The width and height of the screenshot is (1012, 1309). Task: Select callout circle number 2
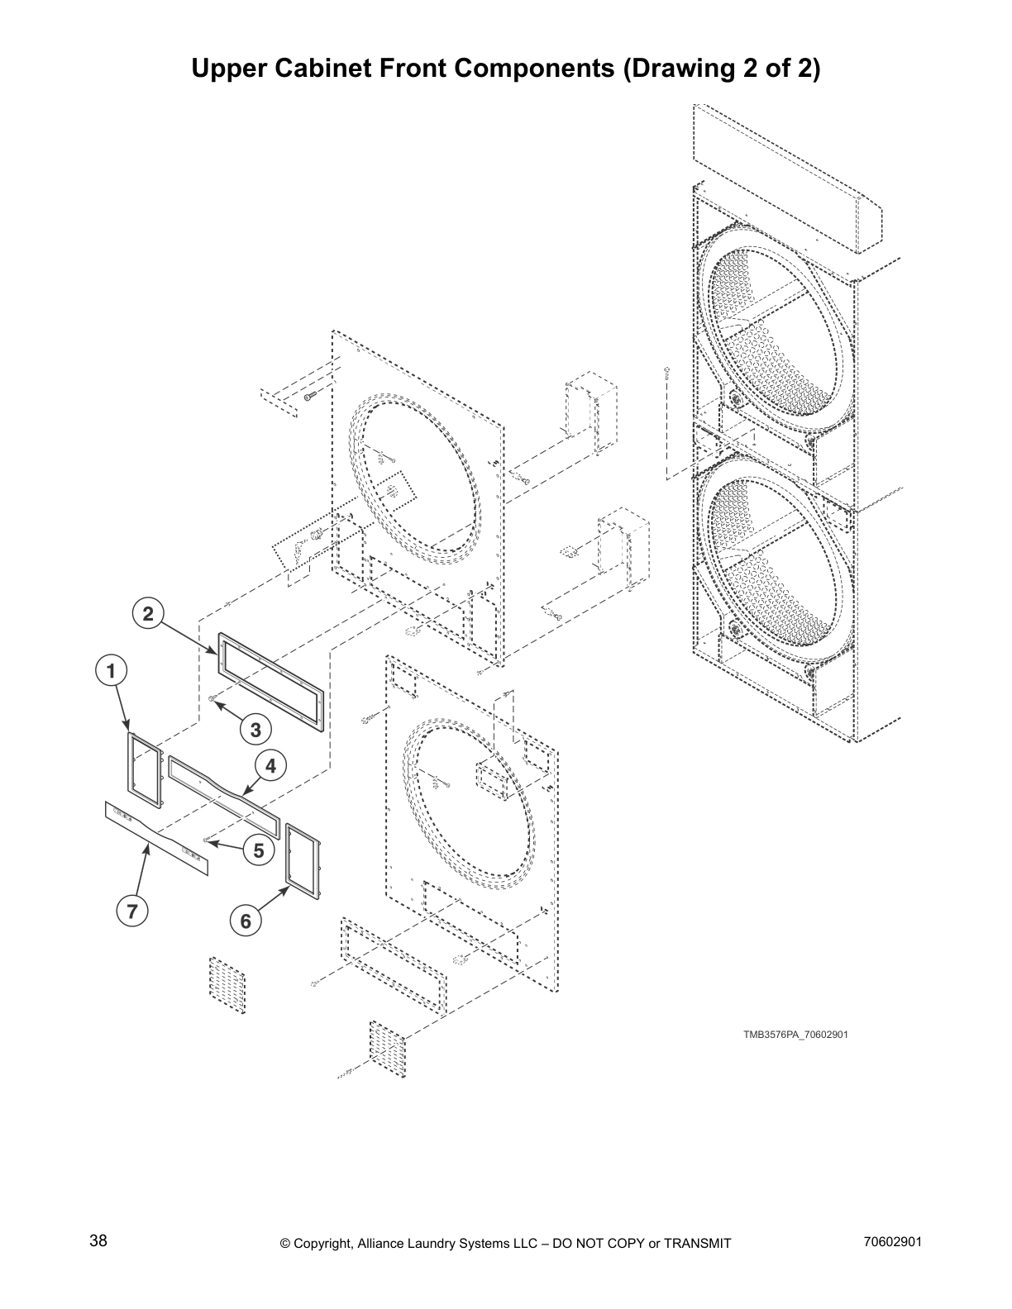click(x=147, y=614)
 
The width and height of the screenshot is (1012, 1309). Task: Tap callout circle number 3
click(x=255, y=730)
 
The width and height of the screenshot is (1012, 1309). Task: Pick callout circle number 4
click(x=270, y=766)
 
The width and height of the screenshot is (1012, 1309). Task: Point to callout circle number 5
click(x=259, y=850)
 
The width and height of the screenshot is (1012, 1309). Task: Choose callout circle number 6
click(x=246, y=921)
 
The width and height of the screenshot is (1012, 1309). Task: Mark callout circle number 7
click(x=131, y=911)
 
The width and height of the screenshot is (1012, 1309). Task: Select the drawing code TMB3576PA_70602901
click(x=795, y=1035)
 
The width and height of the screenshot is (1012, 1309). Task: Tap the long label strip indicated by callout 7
click(x=156, y=837)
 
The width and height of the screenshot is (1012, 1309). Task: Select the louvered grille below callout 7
click(x=227, y=982)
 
